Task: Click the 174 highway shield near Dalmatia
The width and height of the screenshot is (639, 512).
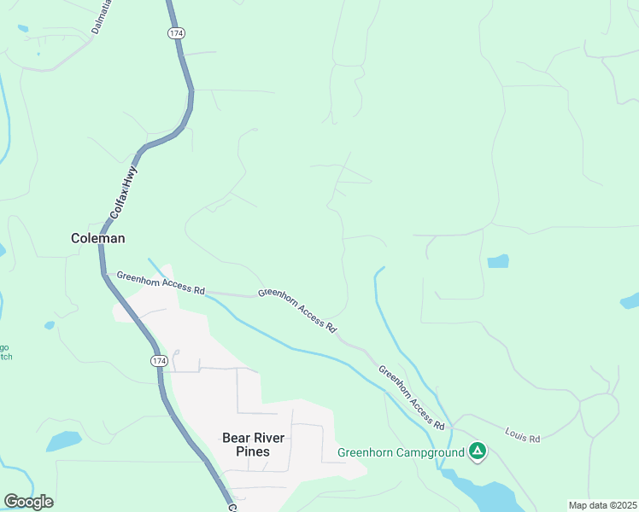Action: [176, 32]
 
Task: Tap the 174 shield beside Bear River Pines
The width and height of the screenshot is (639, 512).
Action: [159, 362]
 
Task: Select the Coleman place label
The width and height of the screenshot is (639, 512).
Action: [97, 240]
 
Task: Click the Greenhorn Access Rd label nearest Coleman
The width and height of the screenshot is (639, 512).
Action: [161, 282]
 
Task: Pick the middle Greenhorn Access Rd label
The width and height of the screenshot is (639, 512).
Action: [297, 309]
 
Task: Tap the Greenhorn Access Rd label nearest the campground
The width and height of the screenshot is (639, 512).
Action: [412, 398]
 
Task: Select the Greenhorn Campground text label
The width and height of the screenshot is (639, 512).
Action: [401, 452]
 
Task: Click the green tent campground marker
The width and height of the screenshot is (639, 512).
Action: [478, 451]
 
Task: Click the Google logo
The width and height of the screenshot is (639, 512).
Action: [28, 502]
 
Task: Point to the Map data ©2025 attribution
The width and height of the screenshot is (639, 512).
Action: [602, 505]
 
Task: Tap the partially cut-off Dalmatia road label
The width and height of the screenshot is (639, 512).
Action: [101, 20]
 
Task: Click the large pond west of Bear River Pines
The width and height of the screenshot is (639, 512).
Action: [64, 441]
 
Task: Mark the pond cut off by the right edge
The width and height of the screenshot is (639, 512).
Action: [630, 300]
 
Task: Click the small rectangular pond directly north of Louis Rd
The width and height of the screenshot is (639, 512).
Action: [498, 261]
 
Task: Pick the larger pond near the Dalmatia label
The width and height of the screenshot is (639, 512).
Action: [22, 28]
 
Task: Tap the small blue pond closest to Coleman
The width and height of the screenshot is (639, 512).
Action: [50, 325]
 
